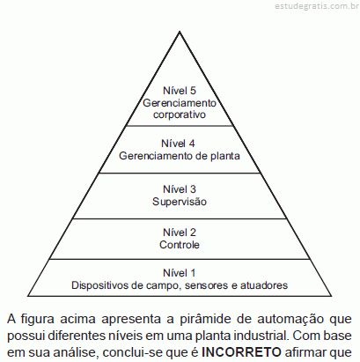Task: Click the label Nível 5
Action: tap(180, 91)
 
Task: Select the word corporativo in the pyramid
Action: tap(180, 115)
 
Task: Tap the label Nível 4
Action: tap(178, 144)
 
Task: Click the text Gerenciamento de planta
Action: tap(180, 156)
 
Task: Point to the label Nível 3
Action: tap(180, 189)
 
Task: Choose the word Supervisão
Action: tap(180, 202)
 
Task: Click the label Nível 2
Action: tap(180, 233)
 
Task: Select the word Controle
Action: tap(180, 245)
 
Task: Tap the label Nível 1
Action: tap(179, 273)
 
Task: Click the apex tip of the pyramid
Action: tap(180, 32)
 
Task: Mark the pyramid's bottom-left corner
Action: tap(28, 296)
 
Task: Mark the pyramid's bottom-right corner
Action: tap(331, 296)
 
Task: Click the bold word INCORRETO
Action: tap(241, 352)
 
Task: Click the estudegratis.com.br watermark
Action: tap(317, 6)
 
